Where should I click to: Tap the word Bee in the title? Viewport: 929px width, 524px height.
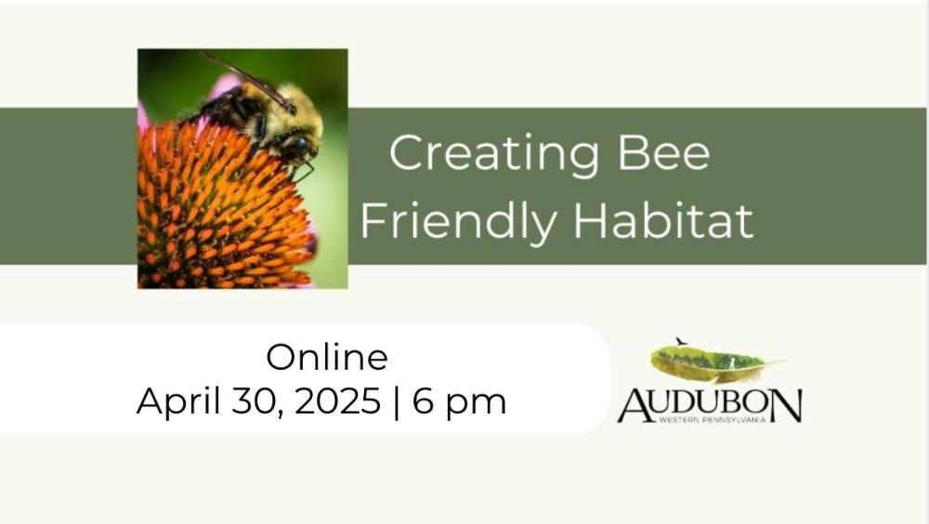click(663, 153)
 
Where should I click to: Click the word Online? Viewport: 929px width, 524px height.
click(327, 358)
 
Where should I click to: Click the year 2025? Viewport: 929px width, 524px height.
click(337, 400)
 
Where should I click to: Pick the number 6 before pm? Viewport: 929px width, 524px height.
click(423, 400)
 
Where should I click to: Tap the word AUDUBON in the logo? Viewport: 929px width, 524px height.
click(710, 406)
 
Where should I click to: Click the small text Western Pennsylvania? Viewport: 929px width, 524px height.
click(713, 420)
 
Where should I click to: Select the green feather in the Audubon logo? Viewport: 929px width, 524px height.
click(717, 362)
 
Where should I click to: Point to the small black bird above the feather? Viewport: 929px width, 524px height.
click(681, 341)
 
